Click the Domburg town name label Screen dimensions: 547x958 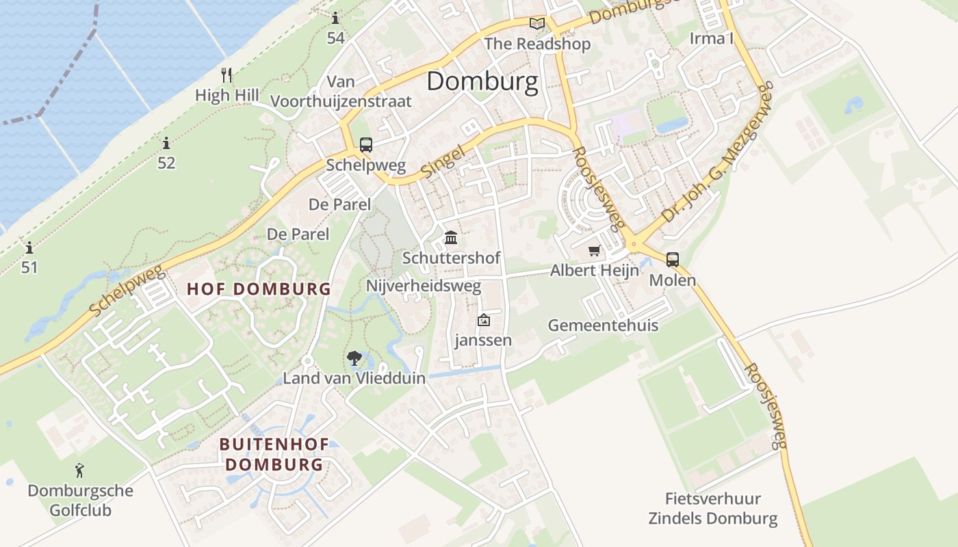482,81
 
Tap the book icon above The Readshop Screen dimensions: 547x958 537,24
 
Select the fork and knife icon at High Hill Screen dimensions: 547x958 227,75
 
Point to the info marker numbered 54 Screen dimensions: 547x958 335,18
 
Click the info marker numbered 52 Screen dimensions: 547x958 166,144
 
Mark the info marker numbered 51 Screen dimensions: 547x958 29,248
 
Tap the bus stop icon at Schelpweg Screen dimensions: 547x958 366,145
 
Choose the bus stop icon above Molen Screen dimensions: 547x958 673,260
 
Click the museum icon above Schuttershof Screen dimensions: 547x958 451,238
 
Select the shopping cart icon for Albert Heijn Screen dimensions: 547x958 594,251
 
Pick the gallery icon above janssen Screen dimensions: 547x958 484,319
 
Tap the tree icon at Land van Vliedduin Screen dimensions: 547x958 354,357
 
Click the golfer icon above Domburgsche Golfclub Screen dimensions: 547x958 80,470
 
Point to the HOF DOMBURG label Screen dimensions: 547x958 259,289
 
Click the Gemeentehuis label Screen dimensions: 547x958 603,325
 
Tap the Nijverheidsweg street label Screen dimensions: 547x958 424,286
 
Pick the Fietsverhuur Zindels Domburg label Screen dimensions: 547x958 713,509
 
